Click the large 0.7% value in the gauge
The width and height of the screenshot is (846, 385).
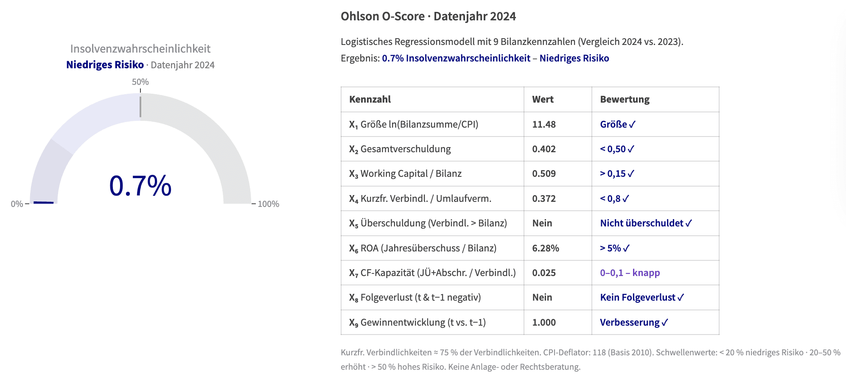coord(140,186)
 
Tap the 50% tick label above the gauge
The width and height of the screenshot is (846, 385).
coord(140,82)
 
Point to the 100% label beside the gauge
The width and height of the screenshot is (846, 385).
coord(268,204)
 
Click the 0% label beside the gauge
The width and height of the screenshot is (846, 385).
coord(17,204)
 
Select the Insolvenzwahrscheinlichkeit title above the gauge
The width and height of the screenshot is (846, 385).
coord(140,49)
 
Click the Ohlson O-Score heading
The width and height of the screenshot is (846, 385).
coord(428,17)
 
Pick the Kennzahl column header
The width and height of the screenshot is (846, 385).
coord(370,99)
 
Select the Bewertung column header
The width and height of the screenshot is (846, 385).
coord(625,99)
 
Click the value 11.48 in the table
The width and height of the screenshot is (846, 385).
coord(544,124)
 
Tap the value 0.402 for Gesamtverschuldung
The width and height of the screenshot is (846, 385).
coord(544,149)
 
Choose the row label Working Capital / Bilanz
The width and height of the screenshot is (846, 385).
coord(411,174)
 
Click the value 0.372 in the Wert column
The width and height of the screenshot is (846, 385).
coord(544,198)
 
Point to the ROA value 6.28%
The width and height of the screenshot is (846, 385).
coord(546,248)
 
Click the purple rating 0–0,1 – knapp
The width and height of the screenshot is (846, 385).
coord(630,273)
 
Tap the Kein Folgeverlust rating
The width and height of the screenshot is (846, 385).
coord(642,298)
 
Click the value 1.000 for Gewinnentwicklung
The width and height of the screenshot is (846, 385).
coord(544,322)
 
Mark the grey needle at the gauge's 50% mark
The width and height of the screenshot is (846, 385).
coord(140,106)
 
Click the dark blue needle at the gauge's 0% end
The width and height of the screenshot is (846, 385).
coord(44,203)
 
